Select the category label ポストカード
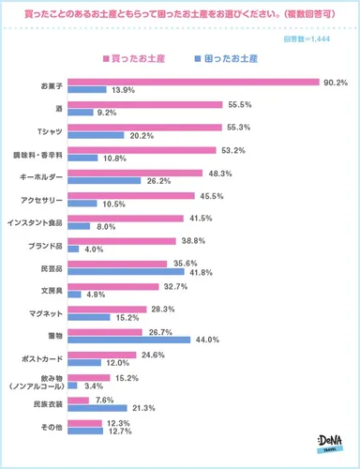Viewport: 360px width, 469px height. pos(43,356)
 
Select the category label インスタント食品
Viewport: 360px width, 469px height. pos(38,221)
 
